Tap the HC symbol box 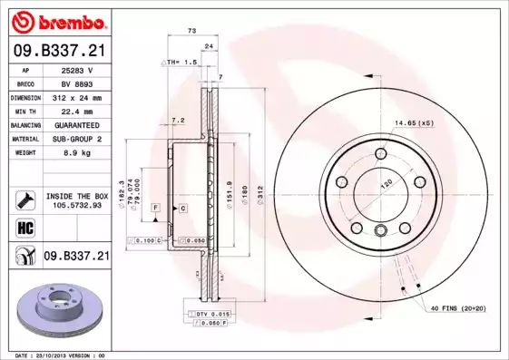[x=24, y=226]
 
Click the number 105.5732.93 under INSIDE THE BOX [x=77, y=205]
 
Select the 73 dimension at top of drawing [x=191, y=31]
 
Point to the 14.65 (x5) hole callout [x=414, y=122]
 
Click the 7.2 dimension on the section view [x=178, y=120]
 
